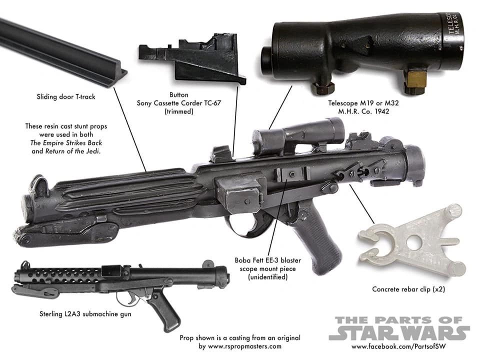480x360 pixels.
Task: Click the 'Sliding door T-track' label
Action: [x=66, y=96]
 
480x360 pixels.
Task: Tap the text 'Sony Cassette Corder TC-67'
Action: [x=179, y=103]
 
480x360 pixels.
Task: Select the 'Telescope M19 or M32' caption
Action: [x=363, y=103]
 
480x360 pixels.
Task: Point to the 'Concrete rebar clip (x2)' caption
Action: [x=408, y=289]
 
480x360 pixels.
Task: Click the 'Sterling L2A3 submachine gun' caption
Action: [x=85, y=314]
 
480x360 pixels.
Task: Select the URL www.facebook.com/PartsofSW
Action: [x=398, y=346]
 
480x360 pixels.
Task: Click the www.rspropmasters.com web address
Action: [x=244, y=346]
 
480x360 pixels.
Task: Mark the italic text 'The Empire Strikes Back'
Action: [x=66, y=143]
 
